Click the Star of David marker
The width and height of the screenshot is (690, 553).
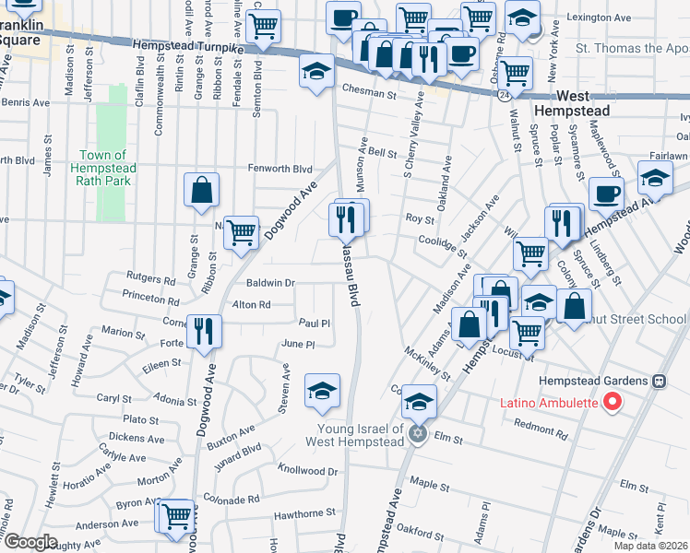[418, 434]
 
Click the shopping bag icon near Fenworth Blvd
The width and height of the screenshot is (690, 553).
[201, 191]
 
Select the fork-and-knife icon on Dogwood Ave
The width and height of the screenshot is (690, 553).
[204, 330]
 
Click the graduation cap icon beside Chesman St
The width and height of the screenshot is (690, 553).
[316, 71]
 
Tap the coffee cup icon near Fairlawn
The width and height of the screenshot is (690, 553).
[607, 194]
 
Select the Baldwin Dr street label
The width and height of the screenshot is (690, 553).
[270, 283]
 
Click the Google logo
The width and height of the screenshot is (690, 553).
[30, 542]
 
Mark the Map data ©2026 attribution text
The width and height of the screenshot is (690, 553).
[650, 546]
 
